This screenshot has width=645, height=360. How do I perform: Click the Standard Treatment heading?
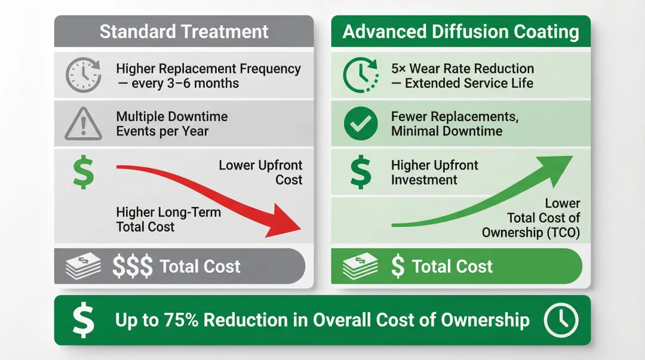[x=184, y=32]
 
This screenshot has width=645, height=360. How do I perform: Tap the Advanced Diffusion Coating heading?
[x=460, y=32]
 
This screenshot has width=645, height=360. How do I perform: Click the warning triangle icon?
[x=82, y=124]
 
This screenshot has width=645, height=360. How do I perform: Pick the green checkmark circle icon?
[x=361, y=124]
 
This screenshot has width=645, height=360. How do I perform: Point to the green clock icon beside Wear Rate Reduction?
[x=361, y=76]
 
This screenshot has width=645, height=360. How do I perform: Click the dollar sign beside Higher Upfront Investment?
[x=360, y=173]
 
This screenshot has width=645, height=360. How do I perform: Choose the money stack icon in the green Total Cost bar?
[x=360, y=266]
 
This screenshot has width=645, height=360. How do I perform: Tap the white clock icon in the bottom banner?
[x=561, y=320]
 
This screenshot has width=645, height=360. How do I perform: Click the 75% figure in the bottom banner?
[x=181, y=320]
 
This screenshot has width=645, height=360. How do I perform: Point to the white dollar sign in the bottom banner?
[x=83, y=320]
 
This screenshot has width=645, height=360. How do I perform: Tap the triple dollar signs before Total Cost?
[x=133, y=266]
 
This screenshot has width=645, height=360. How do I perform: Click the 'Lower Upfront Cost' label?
[x=261, y=173]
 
